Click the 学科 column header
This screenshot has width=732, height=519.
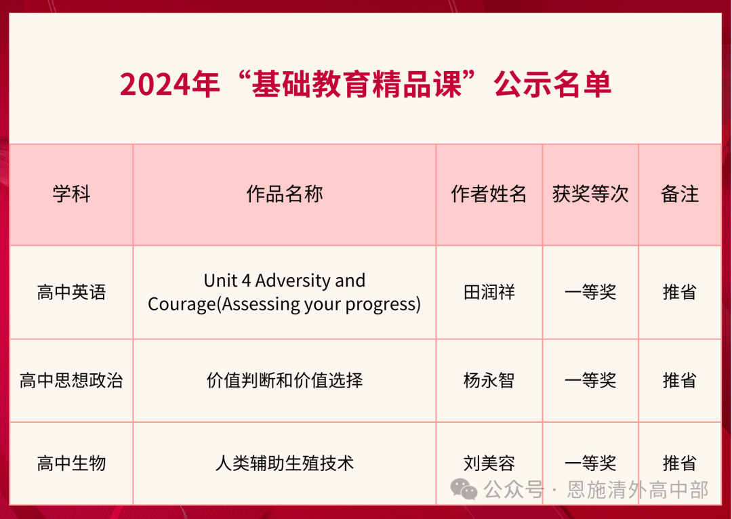tap(71, 194)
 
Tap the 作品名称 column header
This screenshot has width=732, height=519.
tap(285, 194)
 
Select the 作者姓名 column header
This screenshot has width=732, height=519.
tap(489, 194)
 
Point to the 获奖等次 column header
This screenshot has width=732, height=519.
tap(590, 194)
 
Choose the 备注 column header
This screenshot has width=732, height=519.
tap(680, 194)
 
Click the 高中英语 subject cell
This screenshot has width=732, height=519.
tap(71, 293)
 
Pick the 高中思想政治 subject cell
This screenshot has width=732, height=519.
tap(71, 380)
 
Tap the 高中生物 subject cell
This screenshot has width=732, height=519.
tap(71, 463)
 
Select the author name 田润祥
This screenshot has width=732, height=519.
tap(489, 293)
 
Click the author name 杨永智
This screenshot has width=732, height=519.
tap(489, 380)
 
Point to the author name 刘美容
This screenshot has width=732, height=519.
tap(489, 463)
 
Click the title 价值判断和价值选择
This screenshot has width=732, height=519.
tap(285, 380)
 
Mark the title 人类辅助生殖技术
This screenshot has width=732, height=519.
tap(285, 463)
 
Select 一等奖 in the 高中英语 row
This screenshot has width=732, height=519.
tap(590, 293)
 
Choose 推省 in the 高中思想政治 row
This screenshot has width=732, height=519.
tap(680, 380)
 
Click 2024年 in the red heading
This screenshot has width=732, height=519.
tap(169, 85)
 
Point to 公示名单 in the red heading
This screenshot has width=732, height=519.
tap(553, 85)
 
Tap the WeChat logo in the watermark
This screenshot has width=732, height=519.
tap(464, 489)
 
